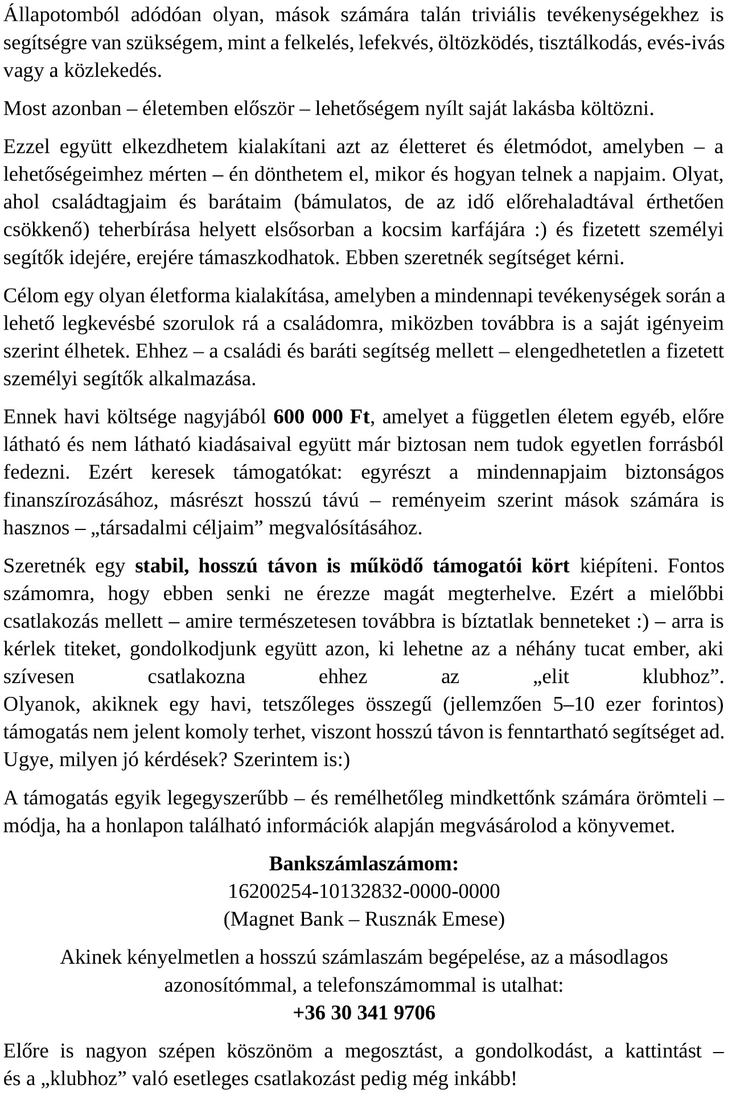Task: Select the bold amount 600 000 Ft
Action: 322,417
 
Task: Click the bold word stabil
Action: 162,566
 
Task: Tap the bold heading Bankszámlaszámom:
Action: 364,864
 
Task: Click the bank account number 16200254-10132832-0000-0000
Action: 364,891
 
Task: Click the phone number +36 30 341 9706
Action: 364,1013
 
